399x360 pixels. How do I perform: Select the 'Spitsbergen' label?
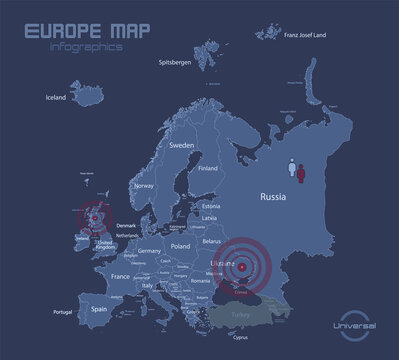(177, 63)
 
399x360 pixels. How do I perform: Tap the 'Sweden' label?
(182, 146)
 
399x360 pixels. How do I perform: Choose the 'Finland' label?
(209, 169)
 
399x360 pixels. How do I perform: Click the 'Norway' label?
(146, 186)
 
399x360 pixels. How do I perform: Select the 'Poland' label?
(181, 245)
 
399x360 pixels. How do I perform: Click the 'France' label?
(120, 275)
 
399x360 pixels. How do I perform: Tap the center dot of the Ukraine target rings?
(240, 265)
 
